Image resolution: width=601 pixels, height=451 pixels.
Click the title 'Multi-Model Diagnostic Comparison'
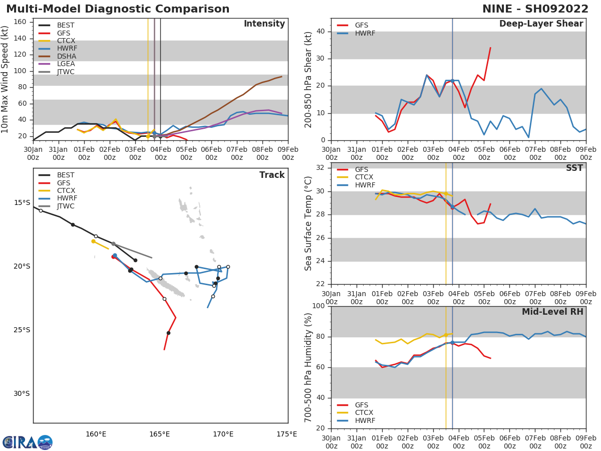[118, 9]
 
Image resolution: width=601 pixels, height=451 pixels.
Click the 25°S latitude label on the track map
[22, 330]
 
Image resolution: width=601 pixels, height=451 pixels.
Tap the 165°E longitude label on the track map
[159, 434]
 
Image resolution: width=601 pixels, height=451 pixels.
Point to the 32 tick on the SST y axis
[320, 167]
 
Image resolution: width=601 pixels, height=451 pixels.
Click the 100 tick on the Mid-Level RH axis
[318, 306]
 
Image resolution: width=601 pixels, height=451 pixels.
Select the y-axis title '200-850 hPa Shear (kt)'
[309, 79]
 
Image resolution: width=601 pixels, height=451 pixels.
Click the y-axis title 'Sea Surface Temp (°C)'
[309, 223]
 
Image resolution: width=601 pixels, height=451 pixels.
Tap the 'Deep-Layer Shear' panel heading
[541, 24]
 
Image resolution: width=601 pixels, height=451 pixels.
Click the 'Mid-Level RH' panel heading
[552, 312]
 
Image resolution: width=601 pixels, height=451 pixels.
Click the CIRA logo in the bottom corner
[27, 442]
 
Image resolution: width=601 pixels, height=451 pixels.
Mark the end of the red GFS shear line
[490, 48]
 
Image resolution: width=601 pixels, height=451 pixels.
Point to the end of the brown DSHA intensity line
[281, 77]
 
